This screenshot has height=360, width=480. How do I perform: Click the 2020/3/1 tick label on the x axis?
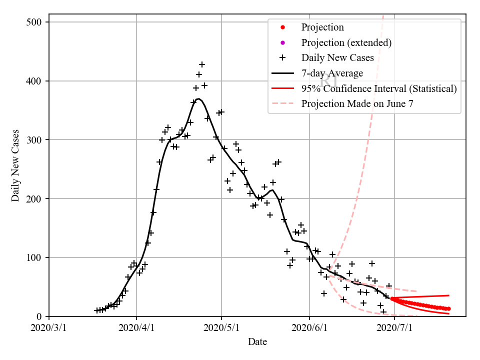[49, 328]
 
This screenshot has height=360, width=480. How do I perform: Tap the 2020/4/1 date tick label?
[136, 328]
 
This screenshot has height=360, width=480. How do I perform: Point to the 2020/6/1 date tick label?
[309, 328]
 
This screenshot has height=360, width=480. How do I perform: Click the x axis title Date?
[257, 342]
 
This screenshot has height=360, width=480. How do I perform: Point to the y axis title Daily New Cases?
[15, 165]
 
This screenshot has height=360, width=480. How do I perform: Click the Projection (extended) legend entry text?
[346, 42]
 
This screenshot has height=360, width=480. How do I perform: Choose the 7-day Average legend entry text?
[332, 73]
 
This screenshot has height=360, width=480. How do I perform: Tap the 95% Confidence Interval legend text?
[379, 89]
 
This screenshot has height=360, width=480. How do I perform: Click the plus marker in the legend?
[282, 58]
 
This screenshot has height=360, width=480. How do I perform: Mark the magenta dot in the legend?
[282, 42]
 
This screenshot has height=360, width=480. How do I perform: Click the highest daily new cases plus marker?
[202, 64]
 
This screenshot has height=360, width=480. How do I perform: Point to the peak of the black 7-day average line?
[198, 99]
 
